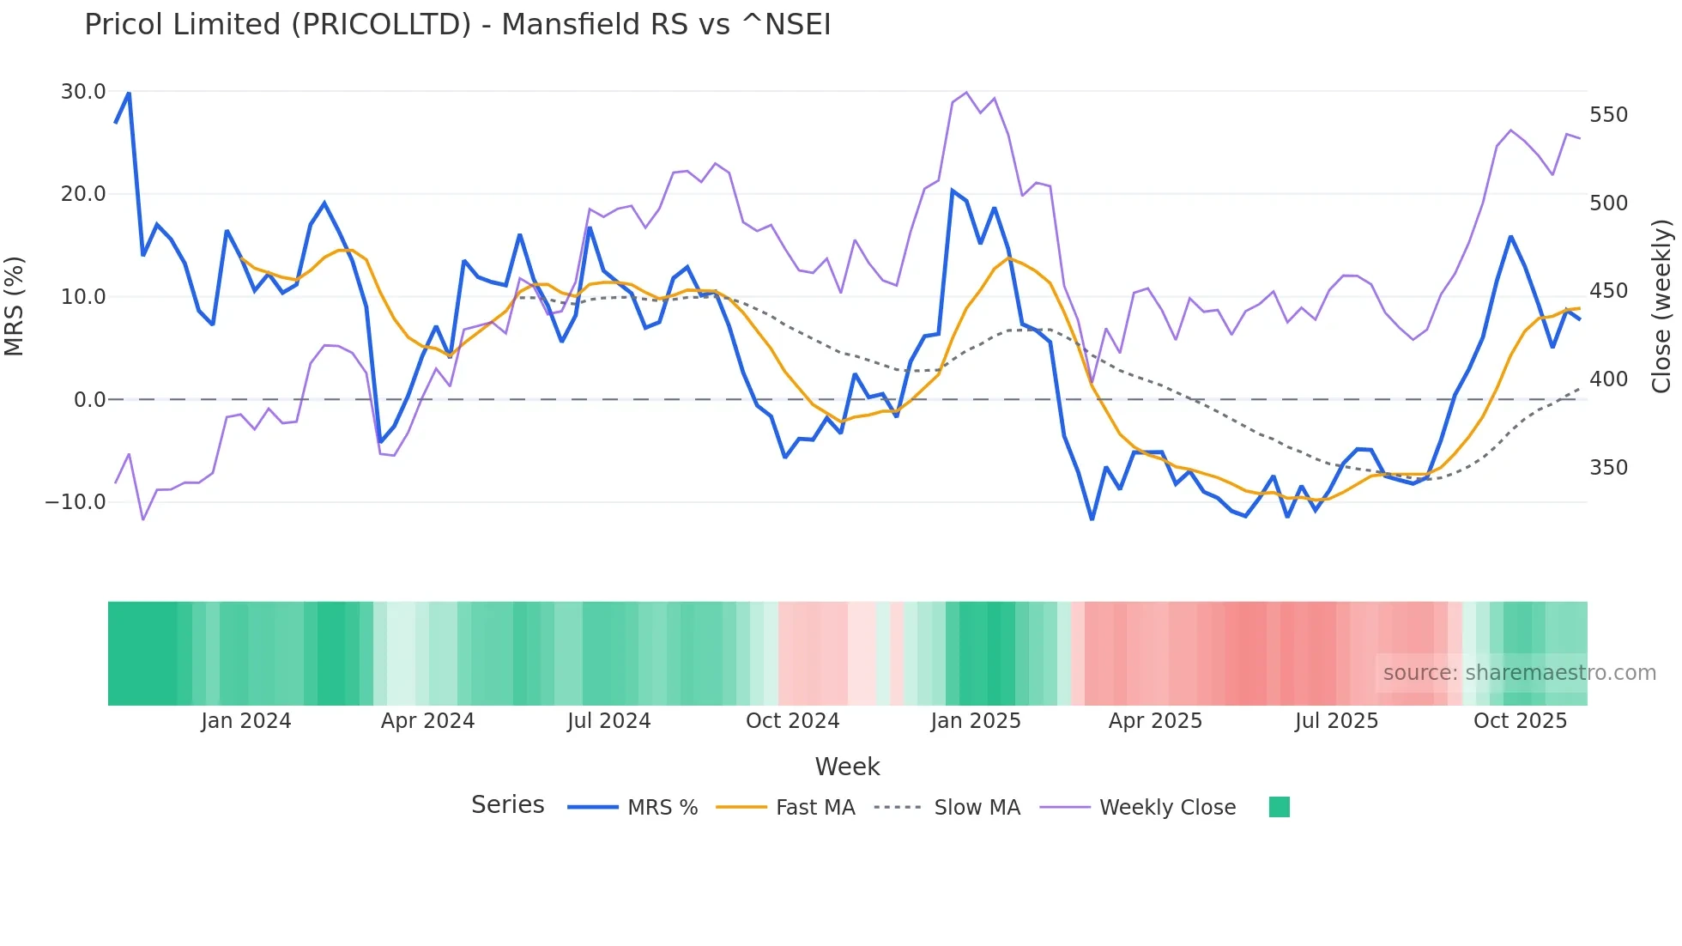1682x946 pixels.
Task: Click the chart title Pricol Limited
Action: [x=457, y=25]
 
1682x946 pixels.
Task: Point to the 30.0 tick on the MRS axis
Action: [x=83, y=92]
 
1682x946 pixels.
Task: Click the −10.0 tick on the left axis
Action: [x=76, y=502]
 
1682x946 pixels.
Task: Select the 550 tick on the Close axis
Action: [x=1608, y=115]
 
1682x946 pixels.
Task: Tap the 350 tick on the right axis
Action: [x=1608, y=468]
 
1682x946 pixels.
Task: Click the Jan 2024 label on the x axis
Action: [x=246, y=721]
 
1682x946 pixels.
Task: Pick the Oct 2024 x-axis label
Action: [x=792, y=721]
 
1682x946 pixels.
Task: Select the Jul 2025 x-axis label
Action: [x=1336, y=721]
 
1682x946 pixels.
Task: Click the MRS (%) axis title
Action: [x=15, y=306]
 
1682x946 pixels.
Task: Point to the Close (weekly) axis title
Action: [x=1661, y=306]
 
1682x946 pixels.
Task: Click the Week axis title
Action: [x=847, y=767]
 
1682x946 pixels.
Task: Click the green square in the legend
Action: [x=1279, y=807]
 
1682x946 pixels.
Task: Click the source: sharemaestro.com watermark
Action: [x=1519, y=673]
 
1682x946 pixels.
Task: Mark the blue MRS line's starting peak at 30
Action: [x=129, y=93]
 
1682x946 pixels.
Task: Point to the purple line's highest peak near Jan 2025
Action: [x=966, y=93]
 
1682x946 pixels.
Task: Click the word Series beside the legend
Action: [x=507, y=805]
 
